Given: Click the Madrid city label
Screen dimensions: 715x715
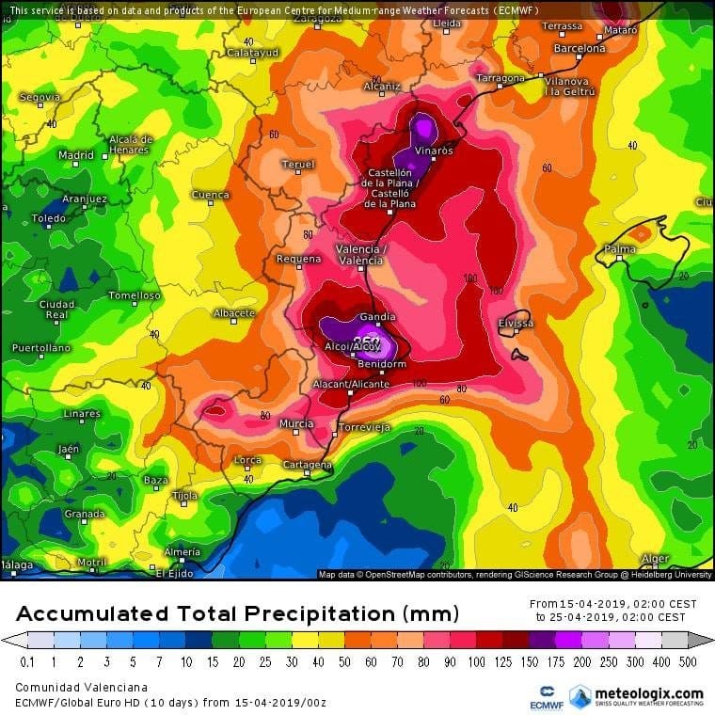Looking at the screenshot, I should coord(76,155).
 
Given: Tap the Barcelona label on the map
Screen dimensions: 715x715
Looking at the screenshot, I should coord(579,48).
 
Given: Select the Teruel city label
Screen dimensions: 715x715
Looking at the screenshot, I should coord(298,165).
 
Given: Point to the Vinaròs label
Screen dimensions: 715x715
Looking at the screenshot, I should coord(433,151).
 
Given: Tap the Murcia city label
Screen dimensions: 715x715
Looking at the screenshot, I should coord(296,424).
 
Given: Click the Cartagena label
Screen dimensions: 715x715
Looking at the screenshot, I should coord(308,465).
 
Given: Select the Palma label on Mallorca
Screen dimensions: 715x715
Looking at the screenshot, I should coord(620,249).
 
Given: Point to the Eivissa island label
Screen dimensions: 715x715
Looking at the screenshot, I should coord(516,324).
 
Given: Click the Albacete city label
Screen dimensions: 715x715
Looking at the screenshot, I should coord(234,313).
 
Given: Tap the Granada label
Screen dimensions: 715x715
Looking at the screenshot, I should coord(85,514).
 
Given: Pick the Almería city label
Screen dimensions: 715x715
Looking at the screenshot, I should coord(182,551).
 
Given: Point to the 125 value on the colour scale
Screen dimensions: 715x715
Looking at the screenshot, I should coord(508,661).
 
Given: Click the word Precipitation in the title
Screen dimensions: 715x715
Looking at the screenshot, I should coord(319,614).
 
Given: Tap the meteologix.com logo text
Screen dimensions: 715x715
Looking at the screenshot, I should coord(649,693).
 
